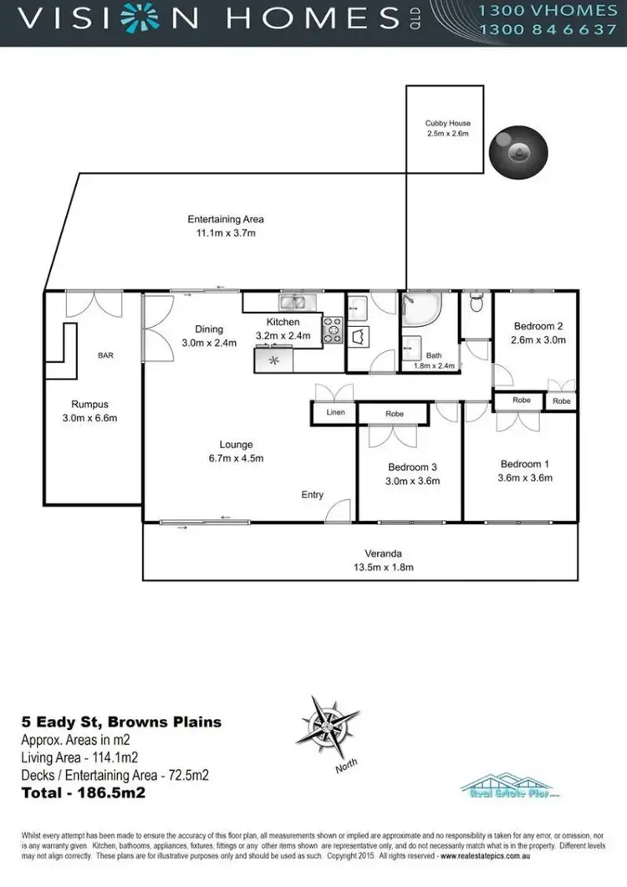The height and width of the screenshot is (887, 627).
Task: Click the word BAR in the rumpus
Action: pyautogui.click(x=105, y=355)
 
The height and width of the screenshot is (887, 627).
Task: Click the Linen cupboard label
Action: pyautogui.click(x=334, y=412)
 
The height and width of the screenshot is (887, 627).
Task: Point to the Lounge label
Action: pyautogui.click(x=236, y=445)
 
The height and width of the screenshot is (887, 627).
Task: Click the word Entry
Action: pyautogui.click(x=312, y=495)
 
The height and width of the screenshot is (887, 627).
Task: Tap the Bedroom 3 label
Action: pyautogui.click(x=413, y=467)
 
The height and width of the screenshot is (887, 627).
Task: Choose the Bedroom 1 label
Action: pyautogui.click(x=524, y=464)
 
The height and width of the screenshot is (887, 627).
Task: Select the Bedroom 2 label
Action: pyautogui.click(x=538, y=326)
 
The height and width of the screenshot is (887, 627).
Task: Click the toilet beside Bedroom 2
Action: pyautogui.click(x=477, y=303)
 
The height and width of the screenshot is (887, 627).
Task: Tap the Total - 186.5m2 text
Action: pyautogui.click(x=83, y=792)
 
